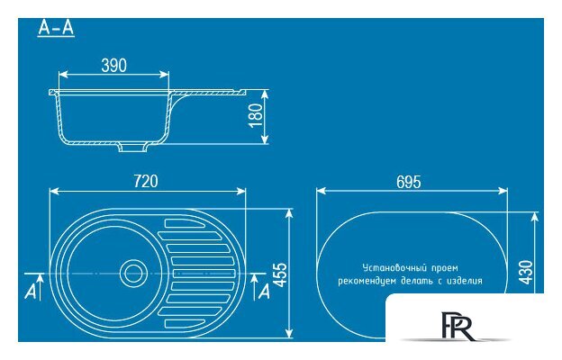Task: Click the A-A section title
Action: point(56,28)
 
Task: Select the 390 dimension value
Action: point(114,66)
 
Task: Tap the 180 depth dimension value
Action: point(256,115)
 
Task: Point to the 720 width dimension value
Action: point(146,181)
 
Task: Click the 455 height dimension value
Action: point(280,274)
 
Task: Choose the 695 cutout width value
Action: point(409,182)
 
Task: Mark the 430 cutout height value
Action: point(526,273)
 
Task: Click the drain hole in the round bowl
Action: point(133,274)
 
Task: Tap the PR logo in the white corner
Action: point(457,326)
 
